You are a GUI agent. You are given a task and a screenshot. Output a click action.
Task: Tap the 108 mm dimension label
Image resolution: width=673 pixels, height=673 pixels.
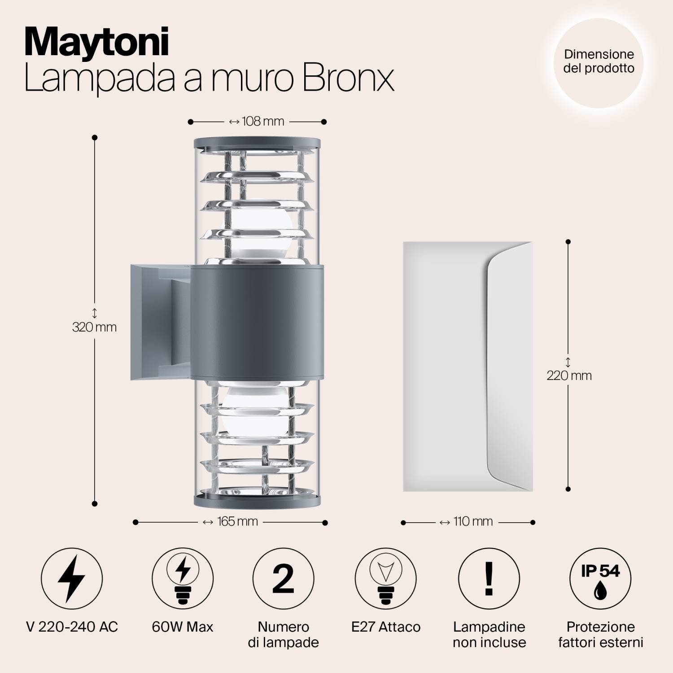click(258, 122)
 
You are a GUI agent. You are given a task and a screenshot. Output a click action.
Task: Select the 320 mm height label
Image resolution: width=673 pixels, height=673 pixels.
click(95, 327)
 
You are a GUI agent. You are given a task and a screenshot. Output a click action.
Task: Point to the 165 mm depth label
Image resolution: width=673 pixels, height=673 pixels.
click(231, 522)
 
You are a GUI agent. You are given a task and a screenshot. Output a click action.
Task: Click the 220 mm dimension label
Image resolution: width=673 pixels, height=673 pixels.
click(569, 376)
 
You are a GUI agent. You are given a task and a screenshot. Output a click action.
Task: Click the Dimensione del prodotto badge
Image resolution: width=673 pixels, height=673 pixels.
click(599, 62)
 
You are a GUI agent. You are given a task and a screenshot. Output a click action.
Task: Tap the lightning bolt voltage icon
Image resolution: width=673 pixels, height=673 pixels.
click(72, 578)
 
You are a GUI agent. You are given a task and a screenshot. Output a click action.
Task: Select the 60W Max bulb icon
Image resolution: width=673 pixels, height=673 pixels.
click(183, 578)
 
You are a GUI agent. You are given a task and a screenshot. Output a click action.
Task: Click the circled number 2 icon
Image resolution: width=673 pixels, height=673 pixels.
click(283, 578)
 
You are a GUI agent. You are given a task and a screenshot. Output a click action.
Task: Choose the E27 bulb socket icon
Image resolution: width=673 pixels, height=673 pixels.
click(385, 578)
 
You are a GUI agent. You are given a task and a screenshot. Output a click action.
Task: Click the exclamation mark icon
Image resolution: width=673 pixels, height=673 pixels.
click(489, 578)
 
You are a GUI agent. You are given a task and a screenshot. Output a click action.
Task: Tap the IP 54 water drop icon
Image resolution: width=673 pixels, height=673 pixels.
click(600, 578)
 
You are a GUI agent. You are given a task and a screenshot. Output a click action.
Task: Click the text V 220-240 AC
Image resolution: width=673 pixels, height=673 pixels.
click(72, 627)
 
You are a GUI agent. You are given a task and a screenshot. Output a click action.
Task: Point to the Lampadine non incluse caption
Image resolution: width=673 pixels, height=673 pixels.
click(489, 634)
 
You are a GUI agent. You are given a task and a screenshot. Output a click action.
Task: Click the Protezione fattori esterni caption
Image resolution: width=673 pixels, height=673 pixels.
click(600, 634)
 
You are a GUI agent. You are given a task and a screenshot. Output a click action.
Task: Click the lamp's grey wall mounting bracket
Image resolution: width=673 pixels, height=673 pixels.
click(153, 322)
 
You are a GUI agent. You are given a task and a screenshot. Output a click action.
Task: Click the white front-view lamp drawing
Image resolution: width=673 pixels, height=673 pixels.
click(468, 367)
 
